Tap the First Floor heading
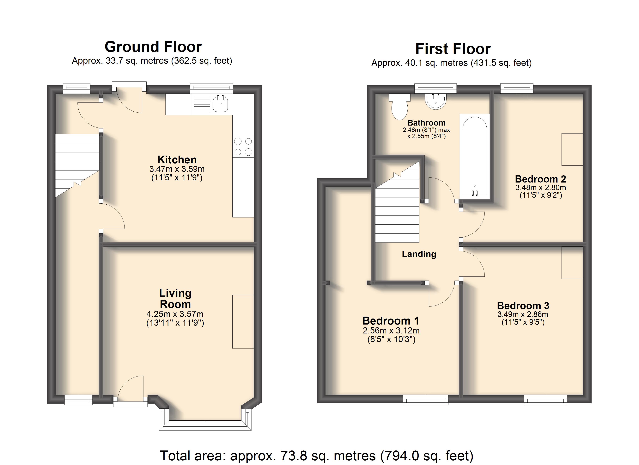tap(453, 49)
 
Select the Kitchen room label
tap(177, 160)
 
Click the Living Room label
tap(175, 299)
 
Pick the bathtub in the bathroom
tap(475, 157)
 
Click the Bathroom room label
tap(427, 123)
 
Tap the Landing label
tap(419, 254)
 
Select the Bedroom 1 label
tap(391, 321)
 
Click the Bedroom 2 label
tap(540, 179)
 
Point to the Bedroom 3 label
tap(523, 306)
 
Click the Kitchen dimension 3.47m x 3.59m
tap(177, 169)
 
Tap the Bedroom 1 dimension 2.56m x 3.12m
tap(391, 331)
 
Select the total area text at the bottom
tap(317, 456)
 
